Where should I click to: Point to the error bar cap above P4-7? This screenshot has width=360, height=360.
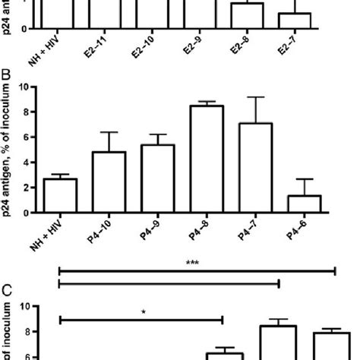(254, 97)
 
